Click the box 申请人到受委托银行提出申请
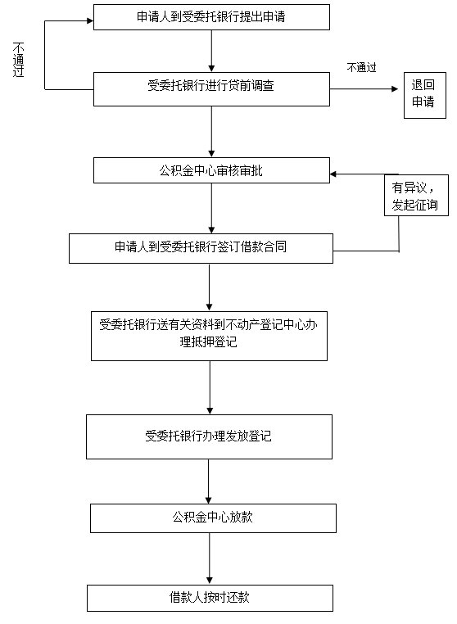211,17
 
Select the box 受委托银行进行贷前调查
211,89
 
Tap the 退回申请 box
425,95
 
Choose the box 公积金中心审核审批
211,170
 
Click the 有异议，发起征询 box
416,196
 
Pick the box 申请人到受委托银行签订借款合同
201,248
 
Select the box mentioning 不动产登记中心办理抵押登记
209,337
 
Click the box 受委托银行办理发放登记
209,437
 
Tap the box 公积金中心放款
213,518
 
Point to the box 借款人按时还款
210,598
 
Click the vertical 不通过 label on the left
18,60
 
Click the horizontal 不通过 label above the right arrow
361,68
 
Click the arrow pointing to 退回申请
364,88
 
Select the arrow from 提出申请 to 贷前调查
211,51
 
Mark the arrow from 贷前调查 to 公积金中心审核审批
211,132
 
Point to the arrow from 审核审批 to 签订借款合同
211,209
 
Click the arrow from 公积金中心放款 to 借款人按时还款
210,558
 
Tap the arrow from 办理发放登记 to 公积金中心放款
208,482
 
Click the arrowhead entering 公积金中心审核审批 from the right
333,174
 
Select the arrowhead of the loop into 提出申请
90,20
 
